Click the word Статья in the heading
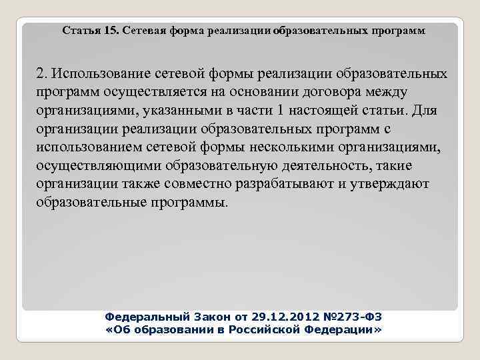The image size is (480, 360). (x=82, y=31)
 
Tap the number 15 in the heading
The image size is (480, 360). (x=111, y=31)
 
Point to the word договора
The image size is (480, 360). (x=339, y=91)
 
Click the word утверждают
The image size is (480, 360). (x=392, y=183)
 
